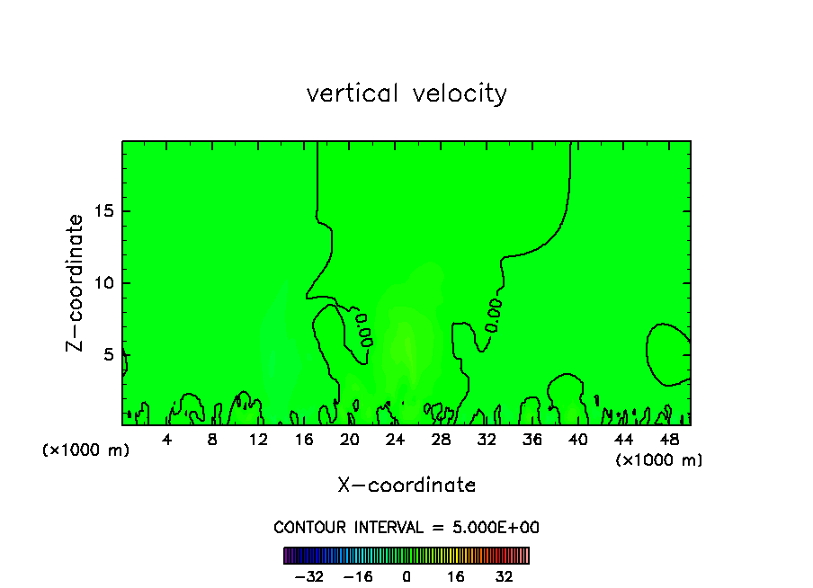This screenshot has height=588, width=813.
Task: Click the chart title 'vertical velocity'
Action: click(406, 94)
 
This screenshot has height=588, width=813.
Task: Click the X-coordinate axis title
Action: click(406, 486)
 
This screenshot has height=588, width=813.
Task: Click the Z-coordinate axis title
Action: click(76, 282)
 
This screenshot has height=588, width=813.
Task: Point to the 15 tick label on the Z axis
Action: click(103, 212)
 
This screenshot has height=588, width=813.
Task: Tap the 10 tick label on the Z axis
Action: click(103, 283)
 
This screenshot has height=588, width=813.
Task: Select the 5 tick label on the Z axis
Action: click(108, 354)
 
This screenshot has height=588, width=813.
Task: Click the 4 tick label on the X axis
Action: click(167, 440)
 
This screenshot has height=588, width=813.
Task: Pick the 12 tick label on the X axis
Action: click(258, 440)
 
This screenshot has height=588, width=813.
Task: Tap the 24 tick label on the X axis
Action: click(395, 440)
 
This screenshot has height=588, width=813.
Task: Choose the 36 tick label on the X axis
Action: click(532, 440)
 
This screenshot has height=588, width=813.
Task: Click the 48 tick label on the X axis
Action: click(668, 440)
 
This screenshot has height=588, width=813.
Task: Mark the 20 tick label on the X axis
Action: click(349, 440)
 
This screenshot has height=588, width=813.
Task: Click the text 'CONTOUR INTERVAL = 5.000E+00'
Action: click(406, 528)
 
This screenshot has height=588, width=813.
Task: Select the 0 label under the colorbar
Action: click(406, 576)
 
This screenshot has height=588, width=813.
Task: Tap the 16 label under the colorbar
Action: click(455, 576)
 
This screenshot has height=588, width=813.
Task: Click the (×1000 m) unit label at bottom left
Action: click(86, 450)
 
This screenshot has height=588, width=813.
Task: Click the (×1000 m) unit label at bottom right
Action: click(659, 460)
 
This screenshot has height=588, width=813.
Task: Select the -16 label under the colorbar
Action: click(357, 576)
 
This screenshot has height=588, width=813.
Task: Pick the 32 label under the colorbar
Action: click(504, 576)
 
